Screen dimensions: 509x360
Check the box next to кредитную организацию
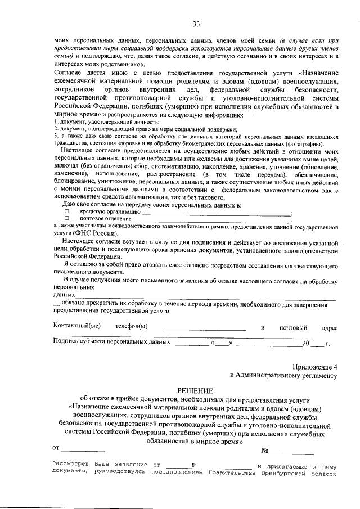[66, 211]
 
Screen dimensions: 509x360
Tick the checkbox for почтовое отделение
[66, 218]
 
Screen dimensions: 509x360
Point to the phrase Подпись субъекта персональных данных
[110, 341]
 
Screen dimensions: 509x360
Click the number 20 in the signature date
[305, 342]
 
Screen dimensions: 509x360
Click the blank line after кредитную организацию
[217, 214]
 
